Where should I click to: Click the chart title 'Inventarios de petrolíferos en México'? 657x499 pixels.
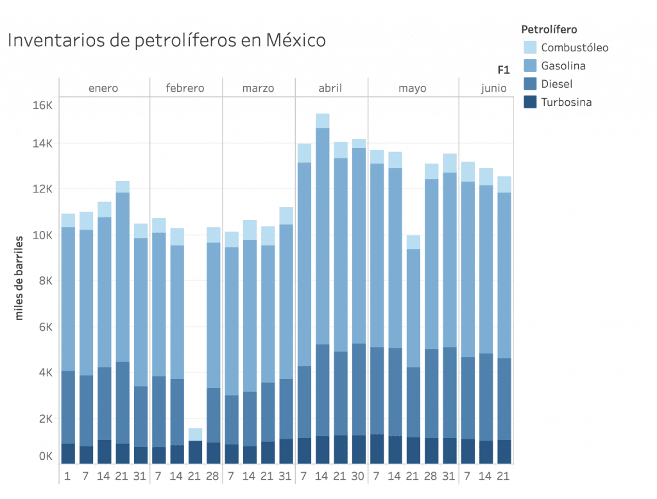coord(167,41)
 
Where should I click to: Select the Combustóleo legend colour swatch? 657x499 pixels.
coord(530,47)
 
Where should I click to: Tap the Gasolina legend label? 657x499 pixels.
coord(563,65)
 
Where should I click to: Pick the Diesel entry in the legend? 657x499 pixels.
coord(556,84)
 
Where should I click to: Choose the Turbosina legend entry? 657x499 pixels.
coord(566,102)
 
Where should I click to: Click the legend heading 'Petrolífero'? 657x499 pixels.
coord(549,30)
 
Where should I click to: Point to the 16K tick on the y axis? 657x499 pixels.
coord(42,105)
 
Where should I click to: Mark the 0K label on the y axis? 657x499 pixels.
coord(45,457)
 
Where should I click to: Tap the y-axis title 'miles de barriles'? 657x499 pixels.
coord(19,277)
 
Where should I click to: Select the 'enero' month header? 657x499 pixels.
coord(103,88)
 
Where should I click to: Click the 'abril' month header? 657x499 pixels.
coord(330,88)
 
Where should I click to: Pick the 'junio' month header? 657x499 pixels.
coord(493,88)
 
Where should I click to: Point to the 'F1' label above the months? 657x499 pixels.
coord(504,69)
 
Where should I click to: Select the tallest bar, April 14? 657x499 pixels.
coord(322,289)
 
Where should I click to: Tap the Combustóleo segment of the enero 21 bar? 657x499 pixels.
coord(123,187)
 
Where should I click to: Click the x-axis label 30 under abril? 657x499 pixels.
coord(359,476)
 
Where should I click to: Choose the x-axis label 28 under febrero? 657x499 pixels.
coord(213,476)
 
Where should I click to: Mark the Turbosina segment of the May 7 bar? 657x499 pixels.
coord(377,448)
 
